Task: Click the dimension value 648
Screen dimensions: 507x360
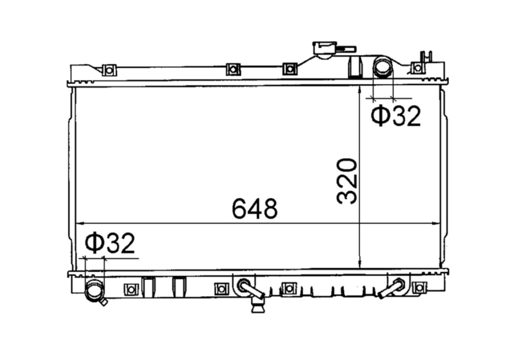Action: click(255, 209)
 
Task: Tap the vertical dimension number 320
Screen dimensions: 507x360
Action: click(347, 181)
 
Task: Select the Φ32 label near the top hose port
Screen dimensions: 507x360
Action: click(396, 116)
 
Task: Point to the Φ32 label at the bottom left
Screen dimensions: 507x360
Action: click(110, 243)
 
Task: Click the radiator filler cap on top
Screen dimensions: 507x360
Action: click(324, 50)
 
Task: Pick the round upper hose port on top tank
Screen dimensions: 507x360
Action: click(383, 67)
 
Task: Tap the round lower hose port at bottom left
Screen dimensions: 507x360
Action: click(95, 291)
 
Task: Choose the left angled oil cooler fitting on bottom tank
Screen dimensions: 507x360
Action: click(251, 288)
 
